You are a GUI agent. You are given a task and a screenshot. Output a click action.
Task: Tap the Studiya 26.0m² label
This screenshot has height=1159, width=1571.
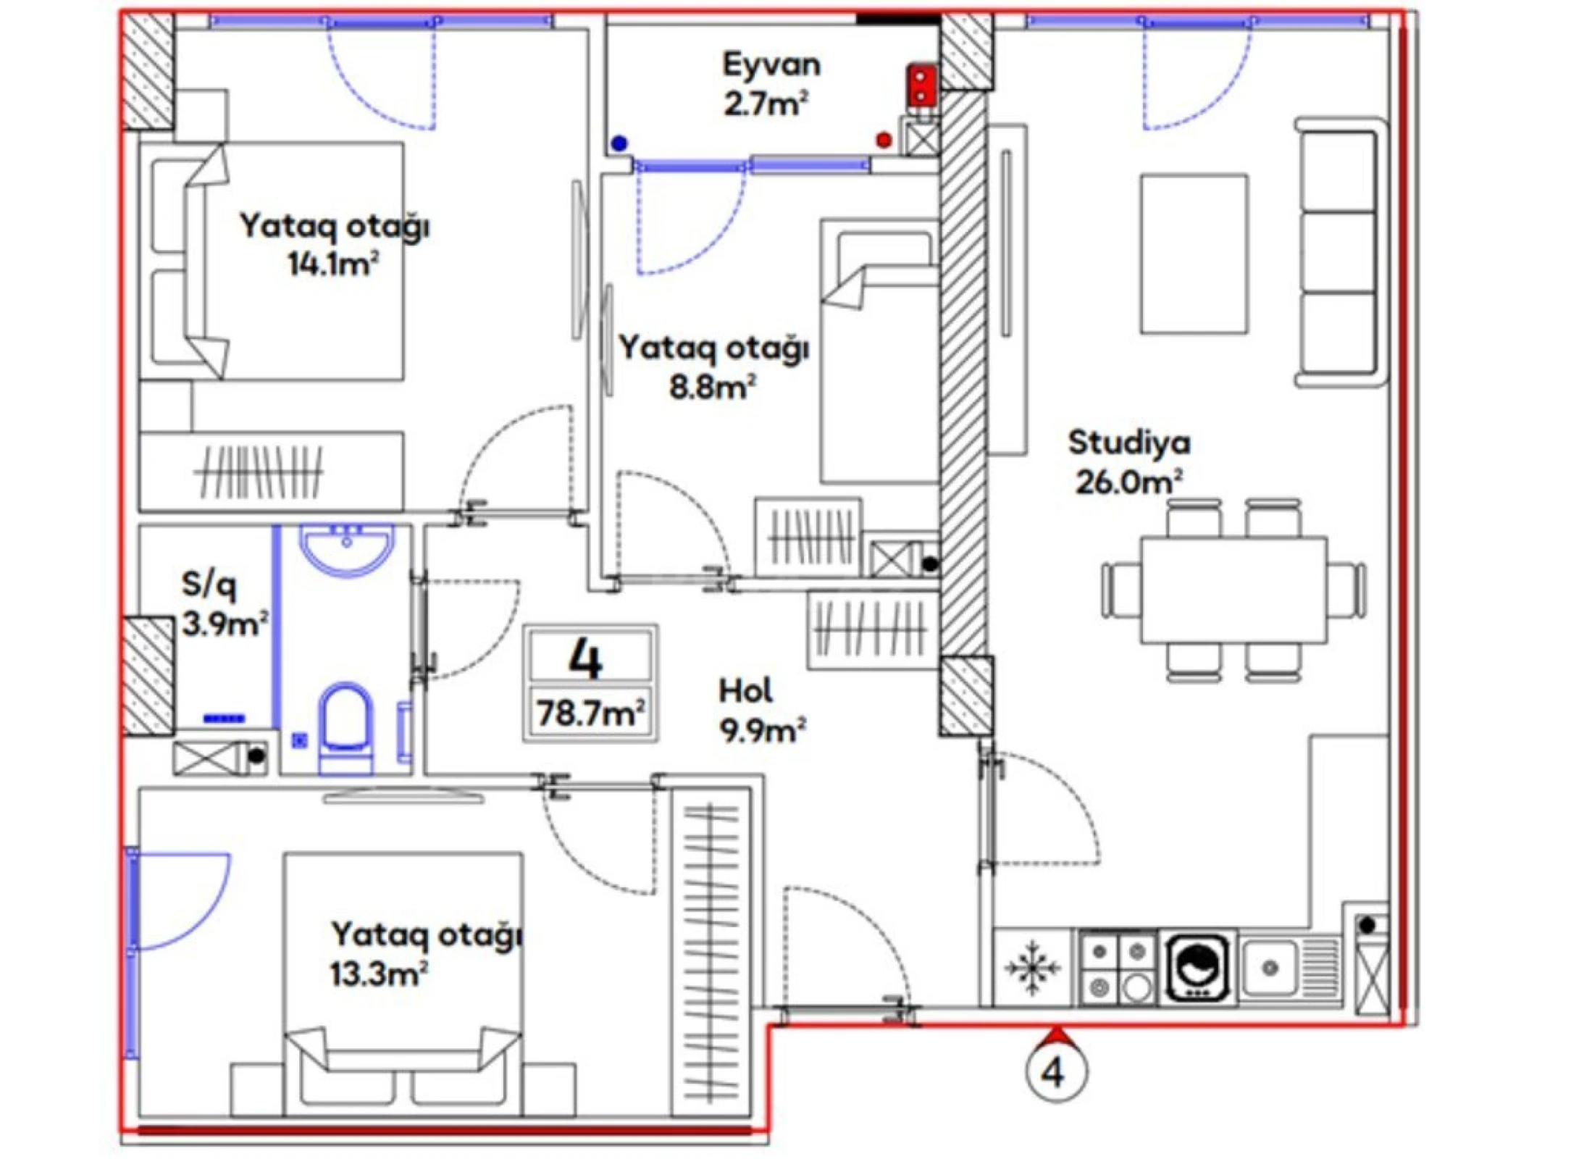tap(1128, 462)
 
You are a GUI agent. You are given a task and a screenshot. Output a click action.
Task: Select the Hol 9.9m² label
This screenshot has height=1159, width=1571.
tap(761, 711)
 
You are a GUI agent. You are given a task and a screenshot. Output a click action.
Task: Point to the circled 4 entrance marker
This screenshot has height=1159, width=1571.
tap(1056, 1072)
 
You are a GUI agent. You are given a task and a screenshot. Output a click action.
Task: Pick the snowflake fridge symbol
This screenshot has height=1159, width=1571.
tap(1032, 968)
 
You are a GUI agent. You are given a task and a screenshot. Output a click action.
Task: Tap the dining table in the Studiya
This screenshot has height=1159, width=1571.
tap(1233, 590)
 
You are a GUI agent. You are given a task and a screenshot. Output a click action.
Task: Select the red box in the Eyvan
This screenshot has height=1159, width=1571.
tap(921, 85)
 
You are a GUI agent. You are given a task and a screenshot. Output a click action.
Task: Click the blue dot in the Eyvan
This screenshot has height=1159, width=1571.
tap(619, 143)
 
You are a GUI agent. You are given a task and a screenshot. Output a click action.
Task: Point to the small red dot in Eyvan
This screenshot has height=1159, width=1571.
tap(884, 140)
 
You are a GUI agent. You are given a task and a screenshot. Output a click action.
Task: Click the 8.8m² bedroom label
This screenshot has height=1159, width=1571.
tap(713, 368)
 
